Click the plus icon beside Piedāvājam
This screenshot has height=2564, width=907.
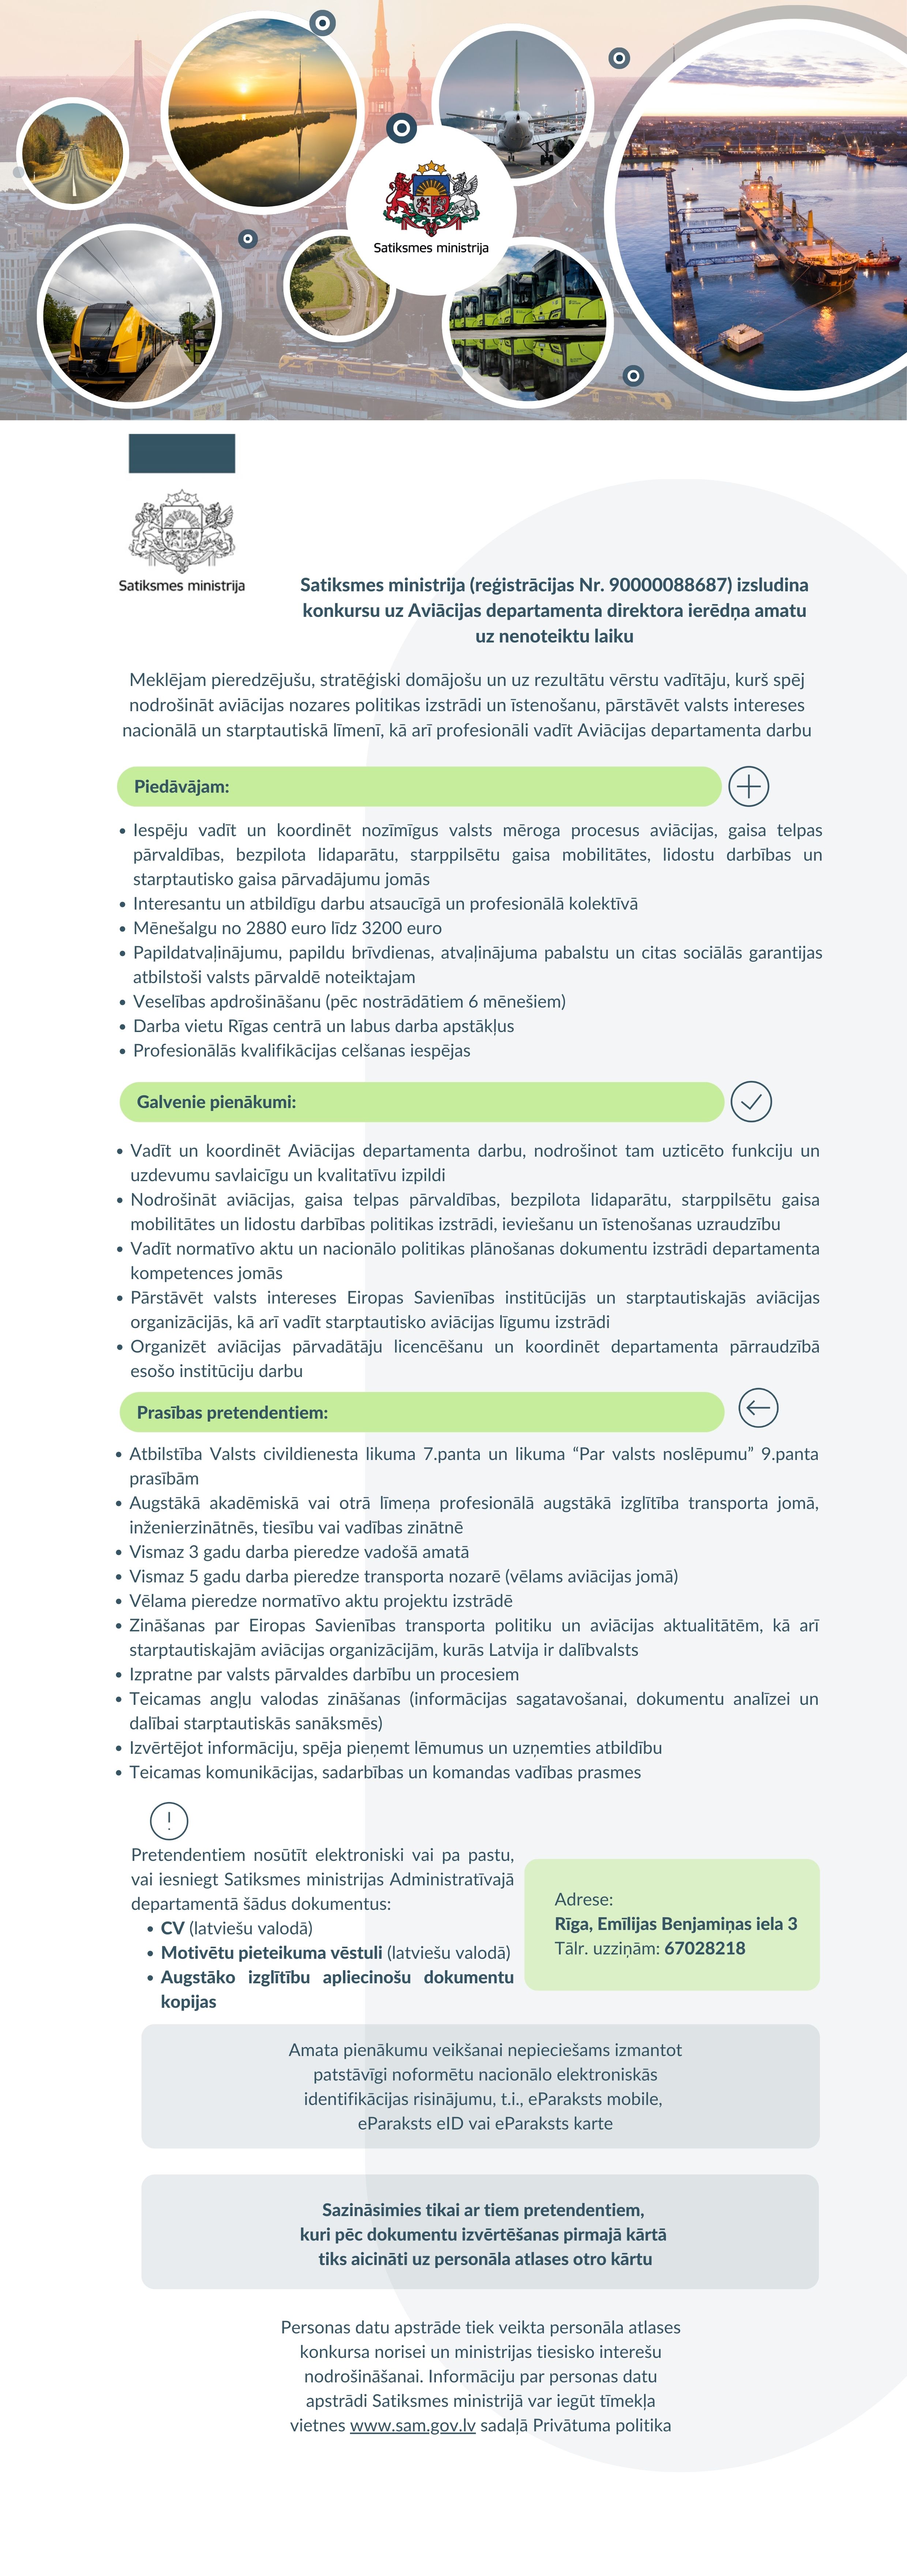tap(749, 786)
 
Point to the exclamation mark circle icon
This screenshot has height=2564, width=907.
tap(169, 1820)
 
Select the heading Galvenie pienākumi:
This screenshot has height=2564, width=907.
tap(216, 1102)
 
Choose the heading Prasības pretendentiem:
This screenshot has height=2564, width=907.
tap(232, 1412)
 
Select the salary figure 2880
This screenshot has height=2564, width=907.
tap(266, 928)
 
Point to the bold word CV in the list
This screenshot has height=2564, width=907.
tap(172, 1928)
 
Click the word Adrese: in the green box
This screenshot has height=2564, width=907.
tap(583, 1899)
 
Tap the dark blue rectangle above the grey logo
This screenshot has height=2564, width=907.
tap(182, 453)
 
